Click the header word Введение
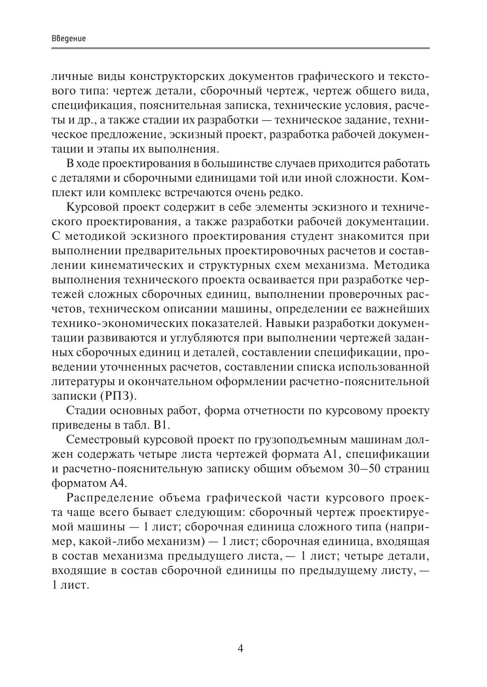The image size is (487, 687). [x=68, y=38]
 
